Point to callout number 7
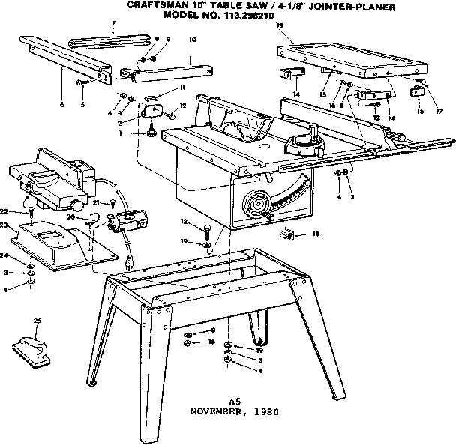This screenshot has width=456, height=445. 113,23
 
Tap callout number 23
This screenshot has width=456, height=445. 4,225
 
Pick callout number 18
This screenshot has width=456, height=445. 315,234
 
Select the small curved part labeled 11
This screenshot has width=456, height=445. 152,96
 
